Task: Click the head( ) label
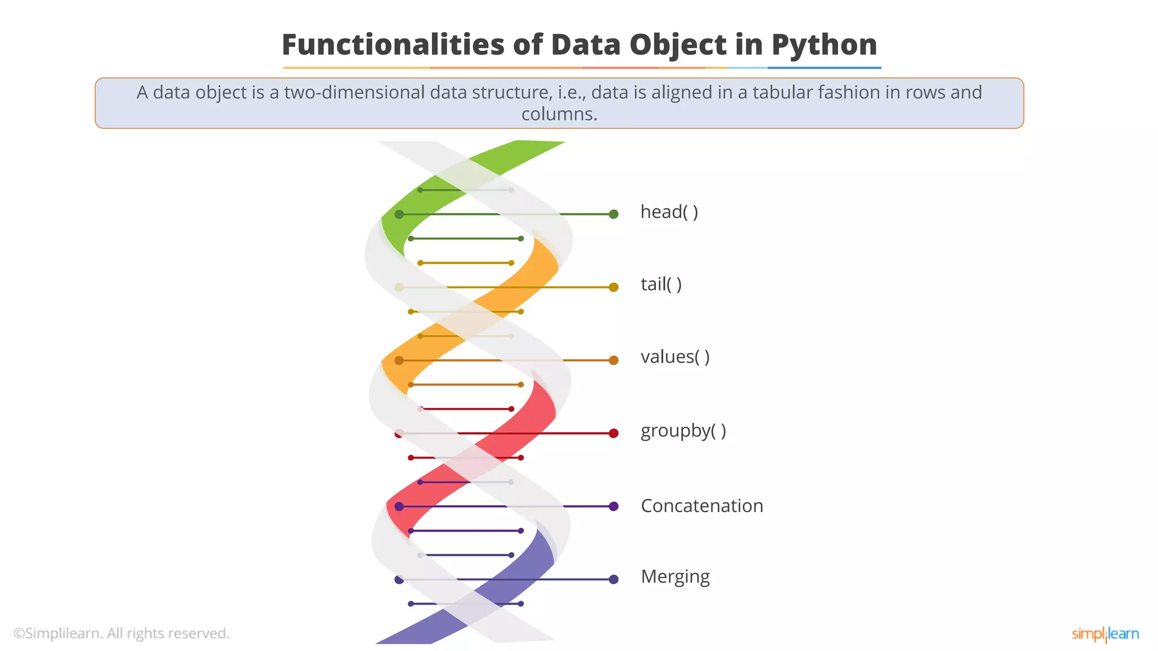point(669,212)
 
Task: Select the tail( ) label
point(661,284)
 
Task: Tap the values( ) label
point(675,357)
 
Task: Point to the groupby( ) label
point(683,431)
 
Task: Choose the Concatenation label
point(702,506)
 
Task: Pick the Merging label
point(675,577)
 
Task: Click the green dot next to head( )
point(613,214)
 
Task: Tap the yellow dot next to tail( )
point(613,287)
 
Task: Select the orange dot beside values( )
point(613,360)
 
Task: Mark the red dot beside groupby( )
point(613,433)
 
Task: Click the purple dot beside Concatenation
point(613,506)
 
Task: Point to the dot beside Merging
point(613,579)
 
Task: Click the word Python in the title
point(824,45)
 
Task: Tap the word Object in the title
point(678,45)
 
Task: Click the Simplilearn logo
point(1105,634)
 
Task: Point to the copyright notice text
point(122,633)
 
